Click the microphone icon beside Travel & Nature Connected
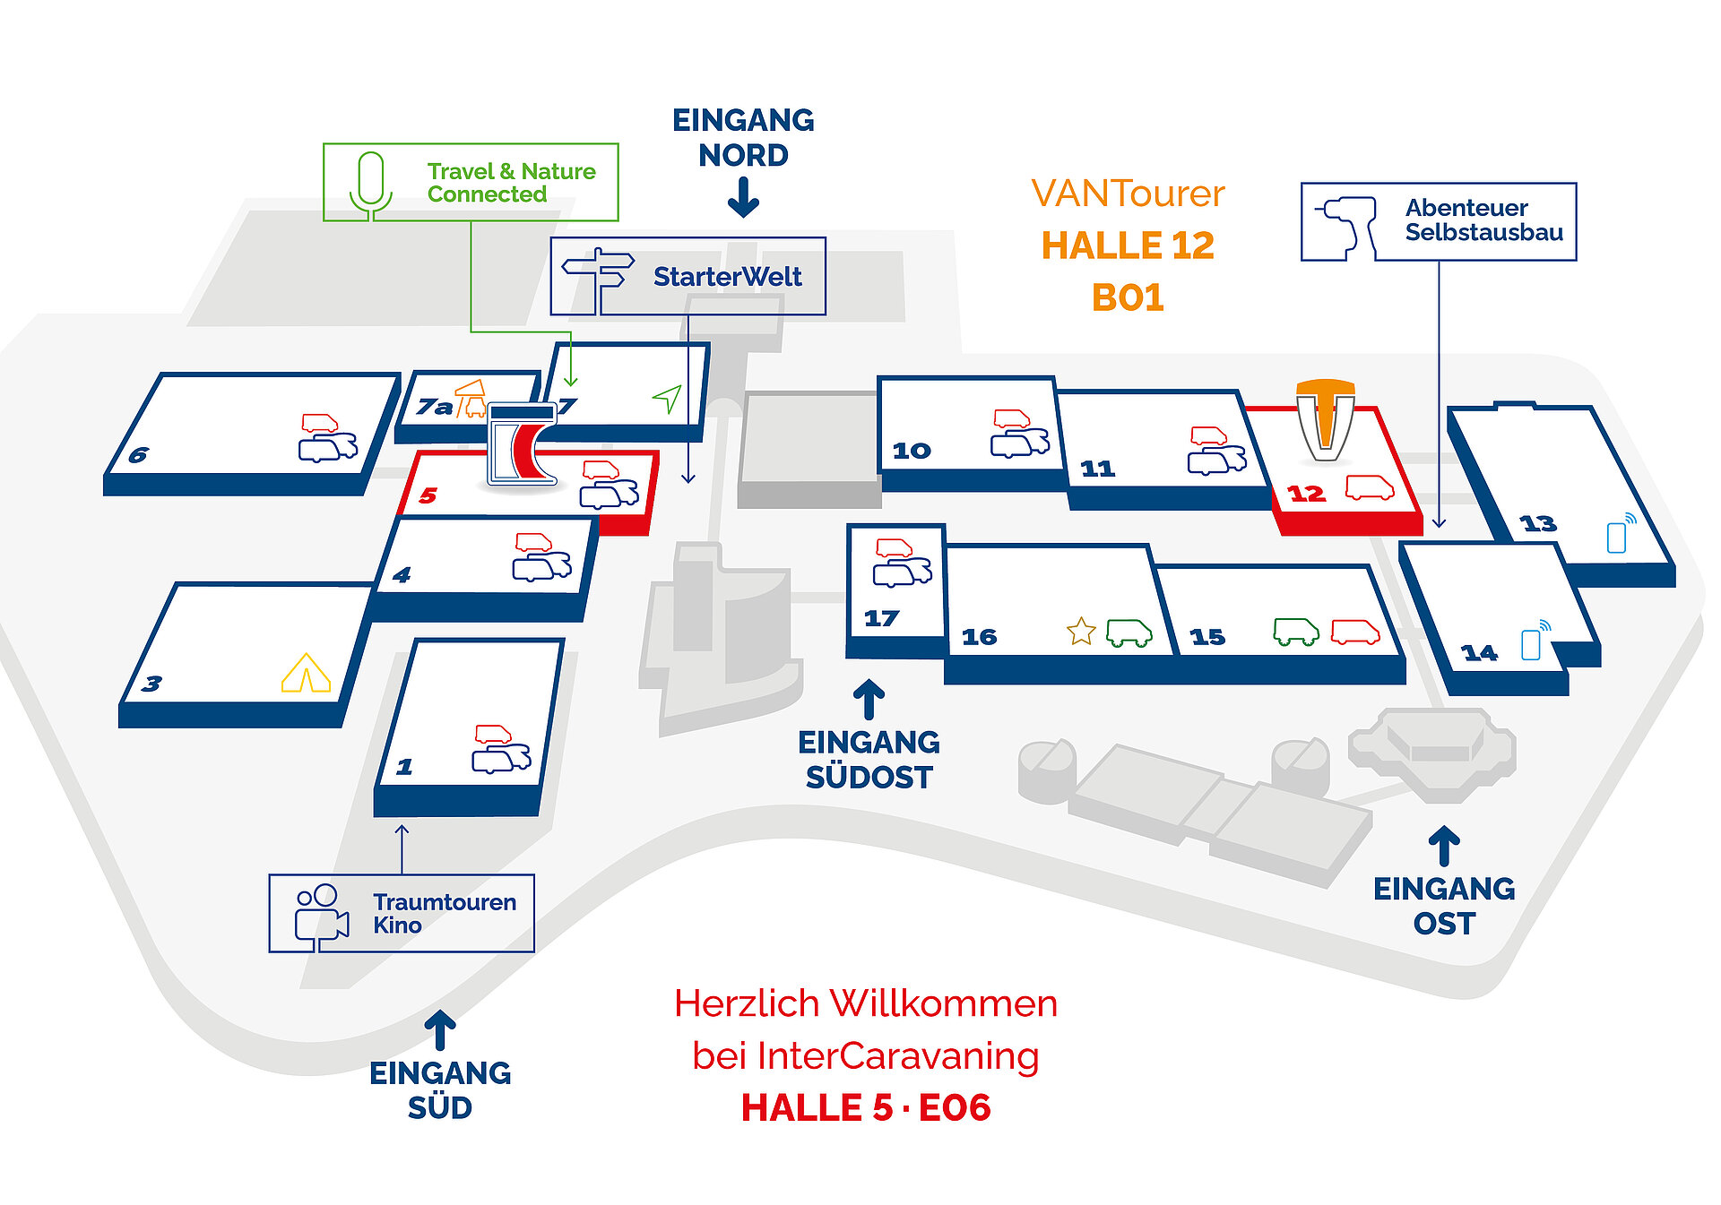click(371, 185)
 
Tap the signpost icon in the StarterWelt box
click(597, 278)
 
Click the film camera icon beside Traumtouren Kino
click(321, 917)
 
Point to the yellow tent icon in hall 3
click(306, 673)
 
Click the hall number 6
click(138, 455)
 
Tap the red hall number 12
click(1306, 494)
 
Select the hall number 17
click(881, 618)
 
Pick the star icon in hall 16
click(1082, 631)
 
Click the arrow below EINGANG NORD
click(743, 197)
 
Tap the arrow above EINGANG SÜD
click(439, 1030)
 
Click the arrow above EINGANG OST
click(1444, 846)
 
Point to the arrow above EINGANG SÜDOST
click(869, 700)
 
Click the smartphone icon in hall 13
click(1621, 533)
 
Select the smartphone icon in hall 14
click(1535, 640)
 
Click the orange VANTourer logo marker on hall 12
click(1325, 419)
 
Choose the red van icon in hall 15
click(1355, 632)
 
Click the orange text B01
click(1128, 297)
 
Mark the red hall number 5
click(428, 495)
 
